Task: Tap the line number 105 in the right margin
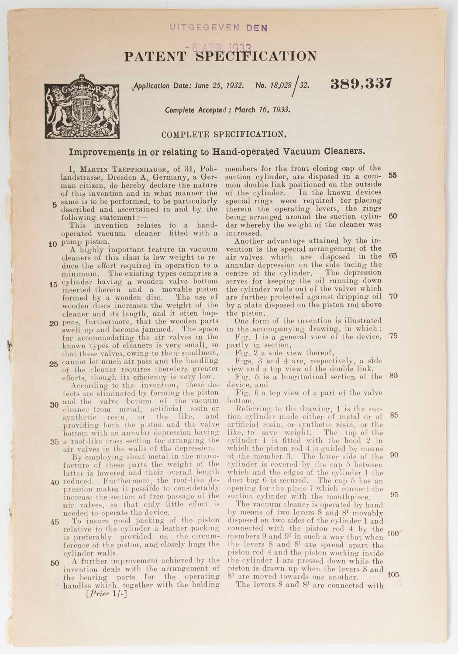click(393, 574)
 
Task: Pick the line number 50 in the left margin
click(55, 562)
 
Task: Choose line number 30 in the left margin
click(55, 404)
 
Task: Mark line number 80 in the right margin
click(393, 375)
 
